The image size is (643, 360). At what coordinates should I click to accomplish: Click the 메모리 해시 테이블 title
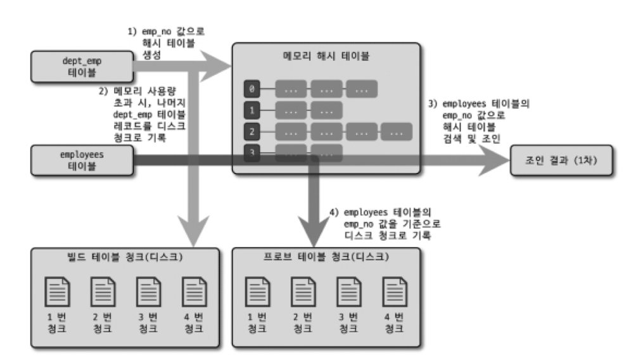326,56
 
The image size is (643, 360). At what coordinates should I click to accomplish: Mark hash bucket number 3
253,153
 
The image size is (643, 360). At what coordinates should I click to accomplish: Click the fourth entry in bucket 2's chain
397,133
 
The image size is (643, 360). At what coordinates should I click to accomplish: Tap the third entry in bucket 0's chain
362,90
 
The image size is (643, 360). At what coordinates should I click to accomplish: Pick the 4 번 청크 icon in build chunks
191,293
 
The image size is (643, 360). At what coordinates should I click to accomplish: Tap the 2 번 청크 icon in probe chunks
304,293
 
